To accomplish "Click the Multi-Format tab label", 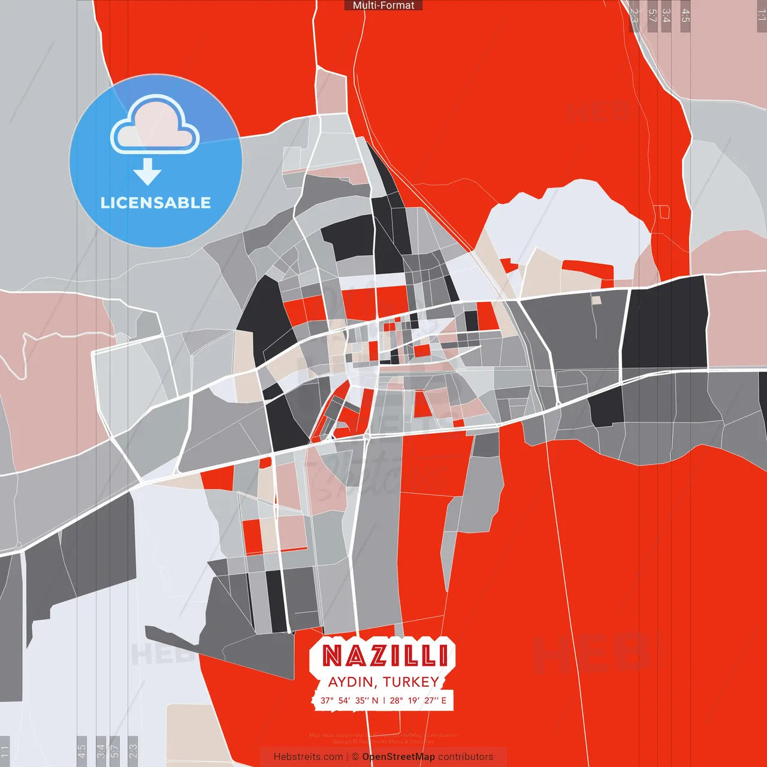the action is coord(383,5).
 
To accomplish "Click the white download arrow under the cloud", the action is coord(147,171).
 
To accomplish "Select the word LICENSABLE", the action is coord(156,203).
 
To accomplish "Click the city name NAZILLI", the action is coord(385,656).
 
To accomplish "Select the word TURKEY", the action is coord(410,682).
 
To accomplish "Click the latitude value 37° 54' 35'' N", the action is coord(349,700).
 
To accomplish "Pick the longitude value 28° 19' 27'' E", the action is coord(418,700).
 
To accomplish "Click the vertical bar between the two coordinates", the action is coord(384,700).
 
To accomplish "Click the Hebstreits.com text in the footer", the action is coord(308,757).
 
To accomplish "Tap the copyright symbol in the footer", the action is coord(355,757).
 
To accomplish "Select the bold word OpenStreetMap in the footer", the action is coord(398,757).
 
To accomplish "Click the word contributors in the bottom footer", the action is coord(466,757).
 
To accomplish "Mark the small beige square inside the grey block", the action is coord(596,300).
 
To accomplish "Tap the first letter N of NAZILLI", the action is coord(333,656).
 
